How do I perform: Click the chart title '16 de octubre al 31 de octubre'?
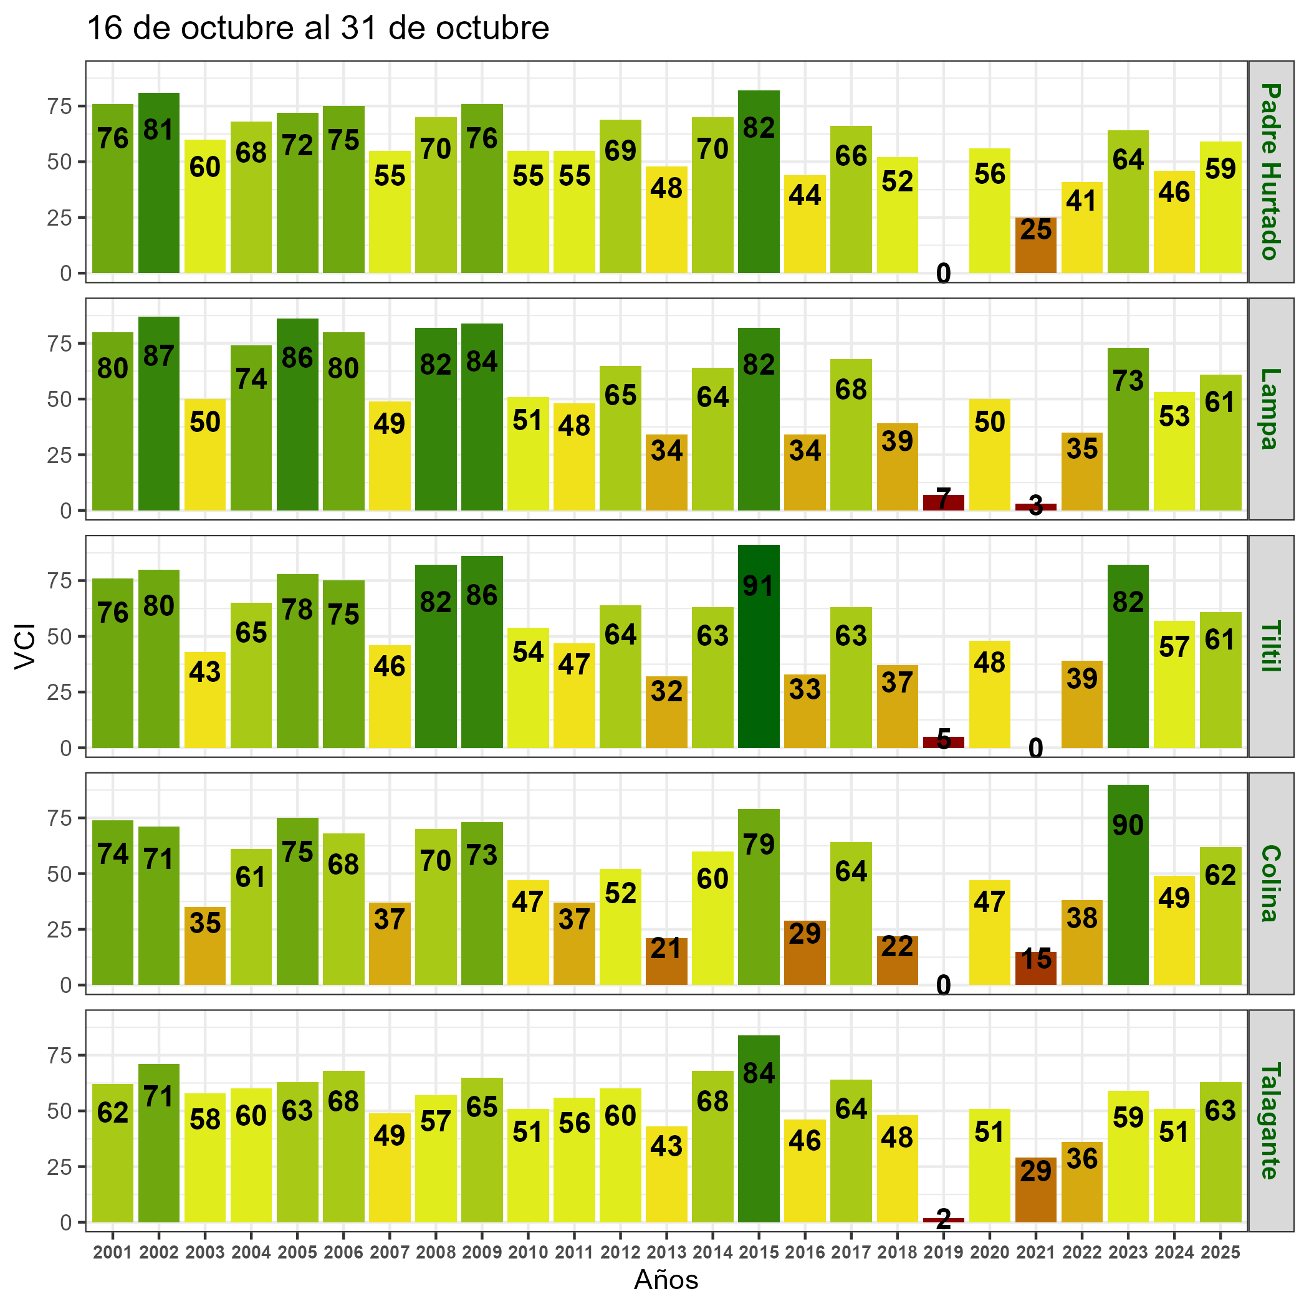(319, 29)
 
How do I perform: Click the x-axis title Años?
(666, 1280)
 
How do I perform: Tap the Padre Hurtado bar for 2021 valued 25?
(1035, 245)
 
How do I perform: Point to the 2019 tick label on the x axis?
(943, 1253)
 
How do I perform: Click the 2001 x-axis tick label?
(112, 1253)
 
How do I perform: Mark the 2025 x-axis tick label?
(1220, 1253)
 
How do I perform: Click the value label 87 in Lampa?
(158, 357)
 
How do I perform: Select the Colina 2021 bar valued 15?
(1035, 968)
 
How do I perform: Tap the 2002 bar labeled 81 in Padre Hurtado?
(158, 183)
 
